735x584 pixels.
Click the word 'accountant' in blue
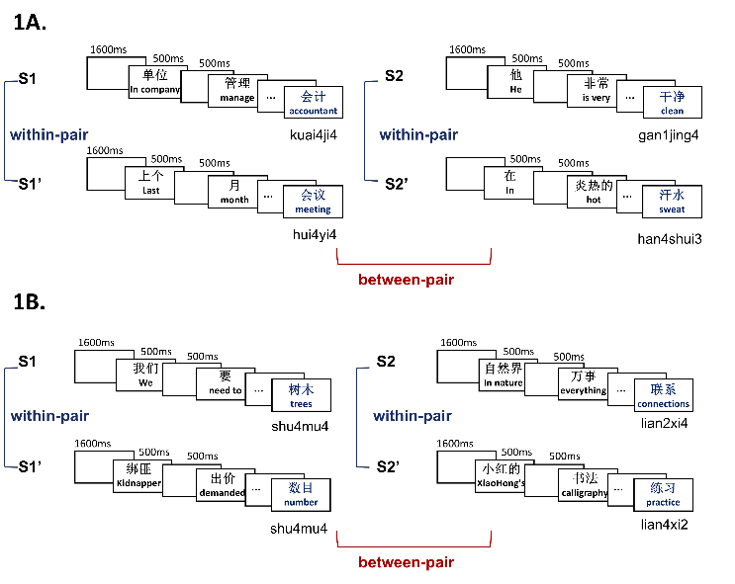click(314, 111)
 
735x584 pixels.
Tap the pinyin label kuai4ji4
click(314, 135)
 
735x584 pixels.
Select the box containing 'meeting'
click(314, 202)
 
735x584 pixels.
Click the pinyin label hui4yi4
click(315, 234)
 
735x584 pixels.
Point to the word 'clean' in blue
click(673, 111)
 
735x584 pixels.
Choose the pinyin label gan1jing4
click(669, 135)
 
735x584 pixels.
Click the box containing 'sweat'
click(672, 202)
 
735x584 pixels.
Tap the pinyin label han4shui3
click(670, 239)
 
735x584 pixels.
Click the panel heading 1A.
click(30, 23)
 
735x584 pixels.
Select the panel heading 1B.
click(29, 302)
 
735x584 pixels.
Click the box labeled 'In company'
click(154, 82)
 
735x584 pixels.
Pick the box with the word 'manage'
click(237, 90)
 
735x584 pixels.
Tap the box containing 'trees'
click(301, 395)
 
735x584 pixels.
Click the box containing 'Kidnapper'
click(138, 476)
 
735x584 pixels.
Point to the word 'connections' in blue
click(664, 404)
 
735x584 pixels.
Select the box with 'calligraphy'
click(585, 485)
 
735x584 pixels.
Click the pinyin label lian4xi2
click(664, 525)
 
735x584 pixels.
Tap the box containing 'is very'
click(597, 90)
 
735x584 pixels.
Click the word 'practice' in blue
click(663, 503)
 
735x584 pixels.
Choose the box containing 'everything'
click(583, 383)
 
